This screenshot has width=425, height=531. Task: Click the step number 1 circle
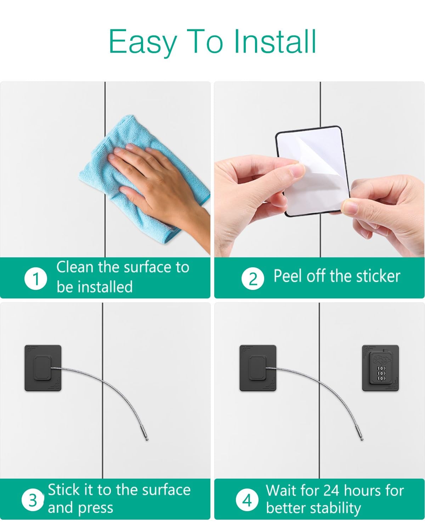click(x=36, y=278)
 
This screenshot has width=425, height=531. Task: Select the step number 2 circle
click(x=253, y=279)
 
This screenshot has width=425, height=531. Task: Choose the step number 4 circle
click(x=247, y=500)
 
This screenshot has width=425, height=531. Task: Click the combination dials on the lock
click(x=381, y=373)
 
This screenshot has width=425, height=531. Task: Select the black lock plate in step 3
click(x=43, y=368)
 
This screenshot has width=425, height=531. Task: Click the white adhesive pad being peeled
click(x=313, y=171)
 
